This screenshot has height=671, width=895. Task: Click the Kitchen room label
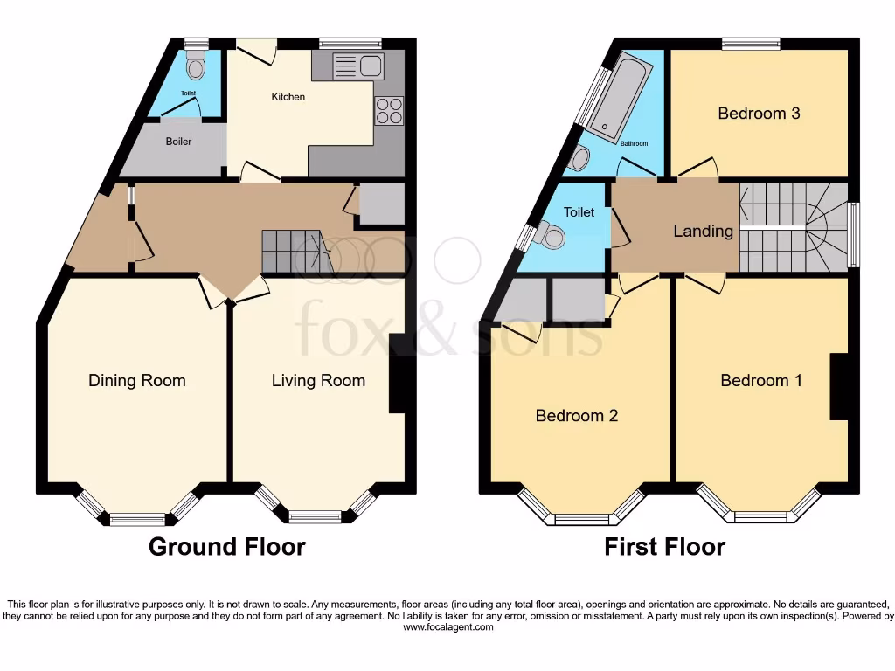[288, 96]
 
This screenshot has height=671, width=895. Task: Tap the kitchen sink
[358, 66]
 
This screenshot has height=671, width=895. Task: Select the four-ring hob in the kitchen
[390, 110]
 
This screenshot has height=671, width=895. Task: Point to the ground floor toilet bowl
[197, 66]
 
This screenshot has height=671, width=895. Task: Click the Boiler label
[178, 141]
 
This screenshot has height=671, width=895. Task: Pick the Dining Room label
[137, 380]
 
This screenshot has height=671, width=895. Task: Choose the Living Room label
[318, 380]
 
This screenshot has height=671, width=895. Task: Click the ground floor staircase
[292, 251]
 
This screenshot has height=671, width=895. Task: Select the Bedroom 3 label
[759, 113]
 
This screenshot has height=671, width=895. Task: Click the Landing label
[703, 232]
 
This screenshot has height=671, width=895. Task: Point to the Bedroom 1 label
[761, 380]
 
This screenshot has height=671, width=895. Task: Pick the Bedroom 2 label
[577, 415]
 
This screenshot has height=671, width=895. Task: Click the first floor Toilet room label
[579, 211]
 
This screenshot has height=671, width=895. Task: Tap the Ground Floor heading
[227, 547]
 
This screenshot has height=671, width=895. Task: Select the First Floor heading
[664, 547]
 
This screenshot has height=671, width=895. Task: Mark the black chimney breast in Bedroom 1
[839, 386]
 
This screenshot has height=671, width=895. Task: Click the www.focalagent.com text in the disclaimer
[447, 626]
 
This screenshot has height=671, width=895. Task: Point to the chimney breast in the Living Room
[397, 373]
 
